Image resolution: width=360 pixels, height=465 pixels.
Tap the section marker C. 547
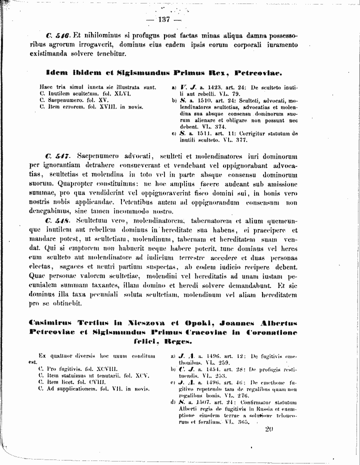[56, 156]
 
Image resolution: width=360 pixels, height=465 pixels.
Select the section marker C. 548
[56, 220]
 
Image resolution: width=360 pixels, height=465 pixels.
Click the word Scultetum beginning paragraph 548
[93, 220]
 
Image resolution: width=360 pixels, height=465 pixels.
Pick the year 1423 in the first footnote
[204, 87]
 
